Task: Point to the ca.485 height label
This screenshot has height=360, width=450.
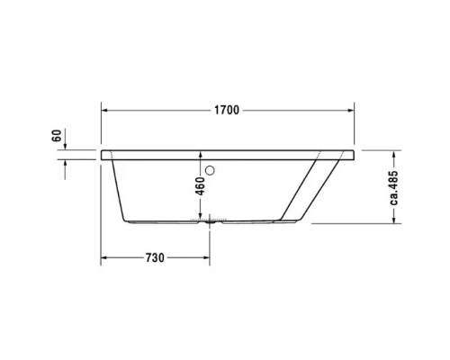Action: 394,187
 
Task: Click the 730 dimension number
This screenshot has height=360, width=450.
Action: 154,258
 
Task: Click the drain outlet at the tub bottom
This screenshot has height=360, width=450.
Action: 211,220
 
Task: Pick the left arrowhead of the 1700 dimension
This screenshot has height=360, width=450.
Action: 104,111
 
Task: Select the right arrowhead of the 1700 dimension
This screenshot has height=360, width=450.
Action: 352,111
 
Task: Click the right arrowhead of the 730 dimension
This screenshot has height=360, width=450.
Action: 208,258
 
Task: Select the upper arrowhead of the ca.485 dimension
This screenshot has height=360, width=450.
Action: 394,153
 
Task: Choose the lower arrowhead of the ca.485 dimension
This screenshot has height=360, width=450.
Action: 394,221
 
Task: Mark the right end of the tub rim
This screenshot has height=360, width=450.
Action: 354,152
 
